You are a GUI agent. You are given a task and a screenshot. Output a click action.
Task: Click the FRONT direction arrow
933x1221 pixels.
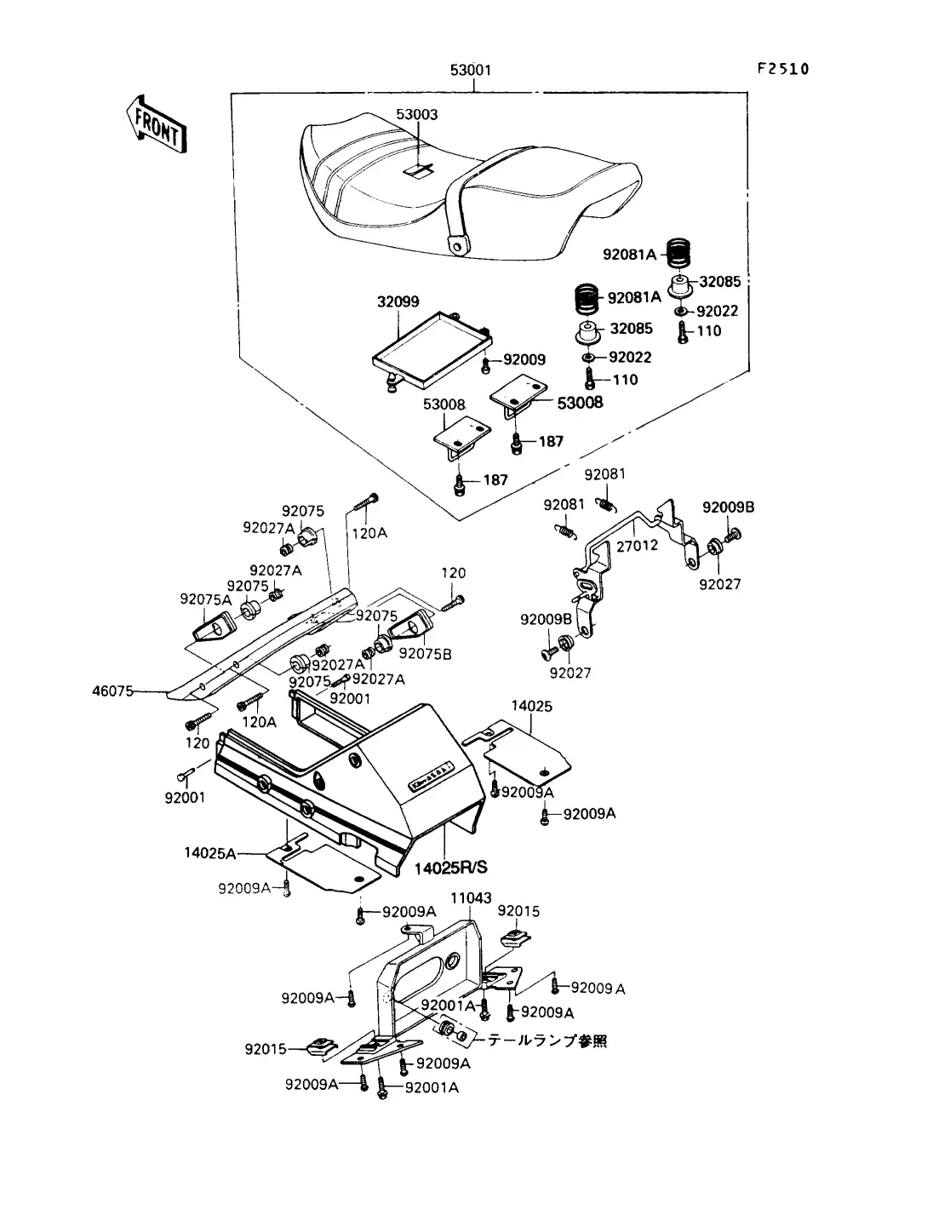157,124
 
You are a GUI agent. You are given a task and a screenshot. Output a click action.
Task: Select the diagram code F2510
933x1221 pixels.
783,69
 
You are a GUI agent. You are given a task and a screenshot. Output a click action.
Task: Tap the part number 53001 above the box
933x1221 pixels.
471,70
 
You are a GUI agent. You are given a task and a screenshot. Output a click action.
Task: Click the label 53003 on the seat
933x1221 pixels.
416,114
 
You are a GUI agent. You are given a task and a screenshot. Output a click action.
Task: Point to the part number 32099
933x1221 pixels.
398,301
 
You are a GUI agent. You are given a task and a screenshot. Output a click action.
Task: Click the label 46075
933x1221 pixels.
113,691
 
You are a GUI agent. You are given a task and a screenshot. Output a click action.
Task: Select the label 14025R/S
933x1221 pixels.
451,867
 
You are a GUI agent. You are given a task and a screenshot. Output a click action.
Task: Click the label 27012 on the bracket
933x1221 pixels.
638,546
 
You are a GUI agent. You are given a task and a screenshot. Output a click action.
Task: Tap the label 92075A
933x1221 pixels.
206,599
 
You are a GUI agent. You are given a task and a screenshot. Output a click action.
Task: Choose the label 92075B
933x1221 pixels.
426,654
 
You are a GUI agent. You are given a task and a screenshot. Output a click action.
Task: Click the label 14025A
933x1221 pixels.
210,853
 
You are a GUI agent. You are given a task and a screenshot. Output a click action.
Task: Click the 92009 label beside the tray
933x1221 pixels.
524,359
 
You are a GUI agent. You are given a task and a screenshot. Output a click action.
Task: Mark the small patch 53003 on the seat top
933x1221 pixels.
418,171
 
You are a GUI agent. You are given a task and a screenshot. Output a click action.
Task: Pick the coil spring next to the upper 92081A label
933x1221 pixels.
678,254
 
